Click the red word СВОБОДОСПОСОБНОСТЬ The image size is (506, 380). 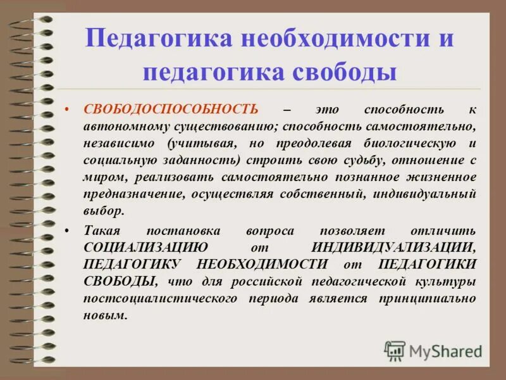(x=171, y=109)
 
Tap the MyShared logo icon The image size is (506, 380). (x=395, y=350)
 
